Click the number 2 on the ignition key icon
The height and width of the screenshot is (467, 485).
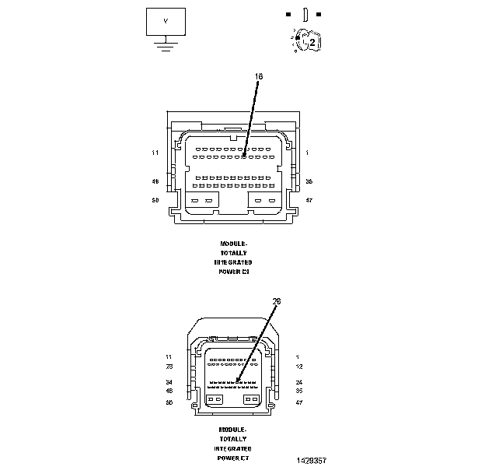tap(312, 43)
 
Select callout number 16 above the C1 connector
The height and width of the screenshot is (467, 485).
tap(259, 76)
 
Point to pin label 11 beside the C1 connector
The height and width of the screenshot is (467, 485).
tap(155, 153)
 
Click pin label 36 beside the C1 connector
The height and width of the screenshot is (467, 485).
tap(309, 181)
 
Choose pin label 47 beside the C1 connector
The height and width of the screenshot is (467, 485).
tap(309, 200)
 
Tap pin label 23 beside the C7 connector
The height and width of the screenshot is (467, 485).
tap(169, 366)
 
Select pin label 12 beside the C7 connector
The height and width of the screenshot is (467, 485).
tap(298, 366)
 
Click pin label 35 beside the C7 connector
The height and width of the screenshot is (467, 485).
tap(298, 391)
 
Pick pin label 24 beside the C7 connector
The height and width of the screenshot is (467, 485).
tap(298, 382)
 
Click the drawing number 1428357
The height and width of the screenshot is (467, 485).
tap(311, 460)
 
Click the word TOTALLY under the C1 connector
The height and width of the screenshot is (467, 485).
tap(233, 253)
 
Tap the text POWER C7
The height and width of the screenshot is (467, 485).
tap(233, 458)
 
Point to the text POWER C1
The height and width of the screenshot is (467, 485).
tap(233, 272)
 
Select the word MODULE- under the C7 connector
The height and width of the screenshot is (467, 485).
tap(233, 430)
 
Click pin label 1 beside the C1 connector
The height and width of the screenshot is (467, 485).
tap(307, 153)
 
